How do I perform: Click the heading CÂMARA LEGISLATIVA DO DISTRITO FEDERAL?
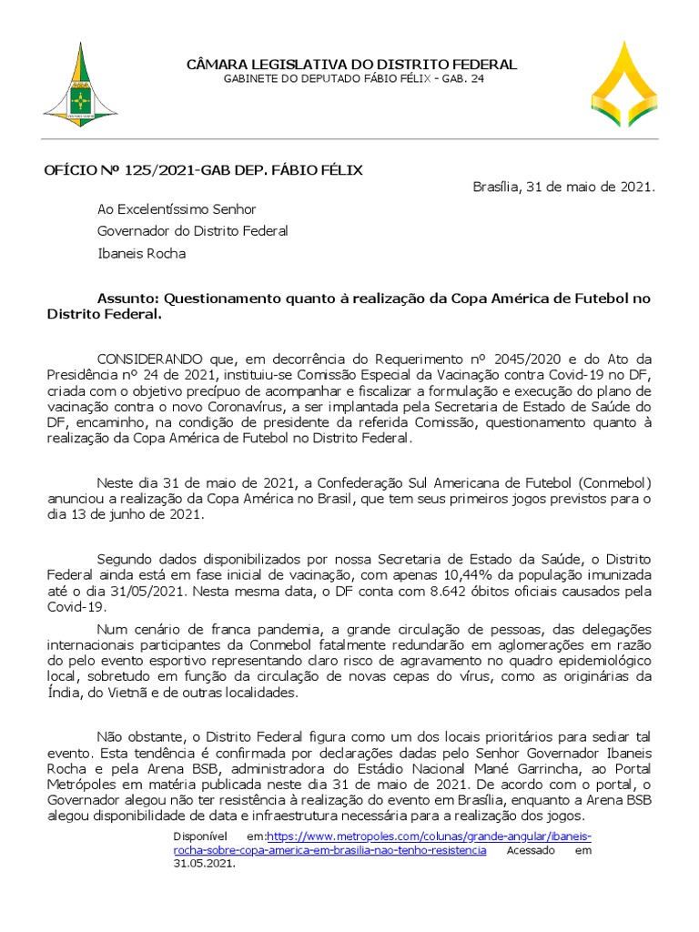[x=351, y=65]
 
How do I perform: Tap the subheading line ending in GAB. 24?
[x=351, y=80]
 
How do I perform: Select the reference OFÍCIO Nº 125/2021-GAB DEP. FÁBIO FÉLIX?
[x=204, y=170]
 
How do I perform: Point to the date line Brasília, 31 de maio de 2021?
[x=563, y=187]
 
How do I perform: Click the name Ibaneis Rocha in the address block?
[x=141, y=253]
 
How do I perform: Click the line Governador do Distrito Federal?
[x=192, y=231]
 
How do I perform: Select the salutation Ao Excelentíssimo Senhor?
[x=177, y=209]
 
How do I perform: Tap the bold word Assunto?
[x=127, y=299]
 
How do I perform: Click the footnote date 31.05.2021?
[x=204, y=864]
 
